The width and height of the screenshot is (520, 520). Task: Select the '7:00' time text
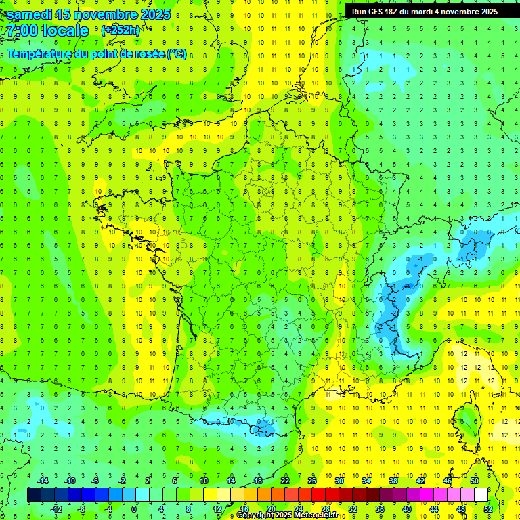tap(21, 30)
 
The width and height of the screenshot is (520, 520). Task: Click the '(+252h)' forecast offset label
tap(121, 30)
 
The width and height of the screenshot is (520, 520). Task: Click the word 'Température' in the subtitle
tap(39, 54)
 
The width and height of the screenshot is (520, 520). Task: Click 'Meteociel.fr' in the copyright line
tap(316, 515)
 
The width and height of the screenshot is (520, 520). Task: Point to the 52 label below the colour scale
tap(488, 508)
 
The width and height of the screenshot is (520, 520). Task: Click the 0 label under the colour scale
tap(133, 508)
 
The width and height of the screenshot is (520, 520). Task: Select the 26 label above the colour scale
tap(312, 481)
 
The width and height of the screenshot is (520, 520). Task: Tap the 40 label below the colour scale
tap(407, 508)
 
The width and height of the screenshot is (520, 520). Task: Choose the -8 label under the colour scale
tap(81, 508)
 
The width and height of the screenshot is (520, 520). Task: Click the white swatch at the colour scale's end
tap(481, 495)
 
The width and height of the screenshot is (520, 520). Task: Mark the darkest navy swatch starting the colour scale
tap(34, 495)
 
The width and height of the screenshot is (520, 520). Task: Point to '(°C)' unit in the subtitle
tap(177, 54)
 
